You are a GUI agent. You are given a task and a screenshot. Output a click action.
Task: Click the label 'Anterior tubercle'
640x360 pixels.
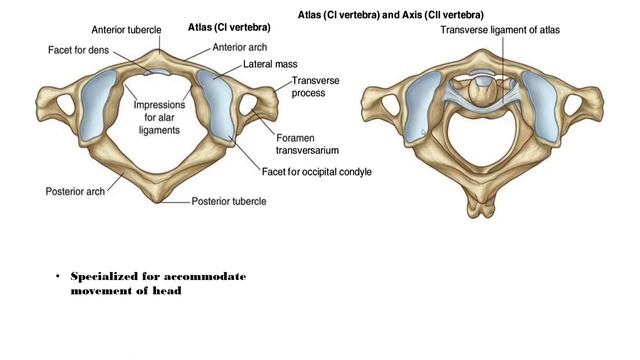pos(126,30)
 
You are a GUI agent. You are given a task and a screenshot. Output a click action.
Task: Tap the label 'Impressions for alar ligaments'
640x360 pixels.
pos(158,116)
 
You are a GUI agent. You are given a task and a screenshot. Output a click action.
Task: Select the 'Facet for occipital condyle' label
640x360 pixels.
pos(316,172)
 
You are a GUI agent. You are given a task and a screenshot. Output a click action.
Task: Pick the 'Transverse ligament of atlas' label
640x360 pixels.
pos(500,31)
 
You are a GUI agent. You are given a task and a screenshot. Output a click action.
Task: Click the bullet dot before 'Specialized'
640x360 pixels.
pos(59,276)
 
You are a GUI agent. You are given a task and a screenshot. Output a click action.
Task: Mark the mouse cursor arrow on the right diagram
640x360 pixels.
pos(423,131)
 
